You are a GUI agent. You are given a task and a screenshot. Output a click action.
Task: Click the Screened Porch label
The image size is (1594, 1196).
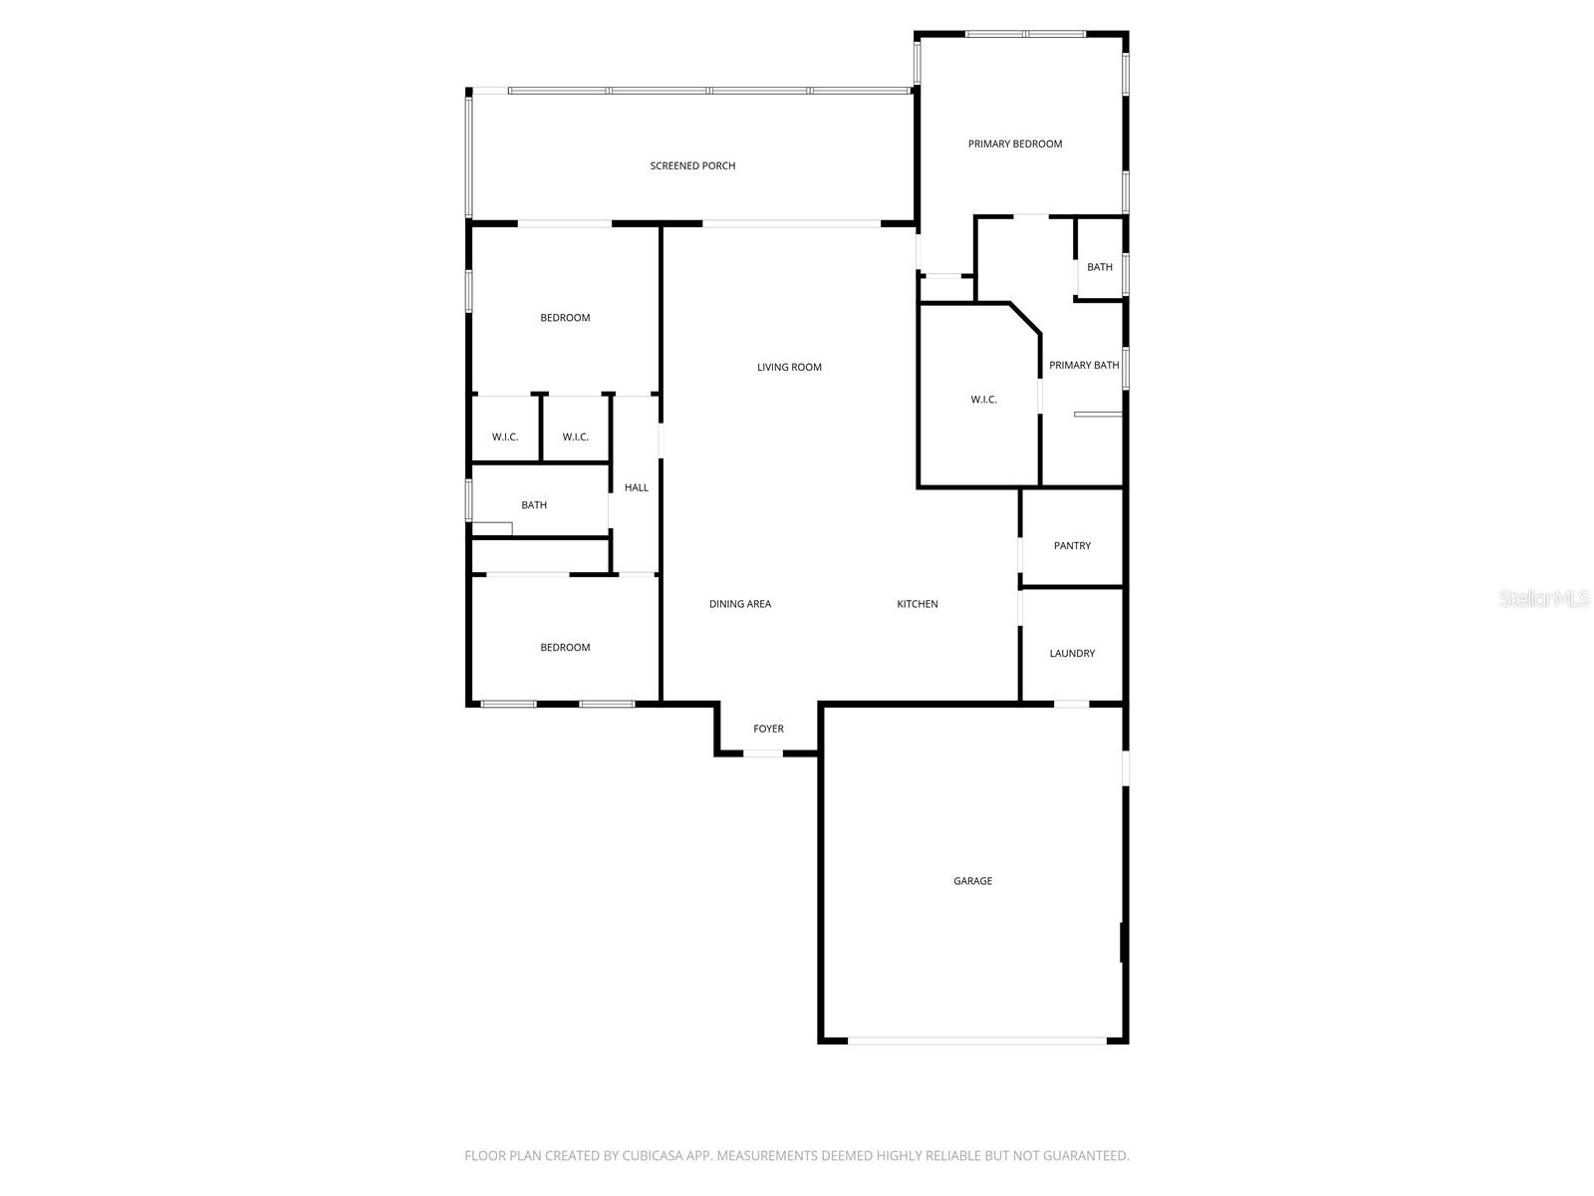(692, 165)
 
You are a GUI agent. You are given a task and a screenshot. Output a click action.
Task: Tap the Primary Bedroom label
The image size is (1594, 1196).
(1015, 144)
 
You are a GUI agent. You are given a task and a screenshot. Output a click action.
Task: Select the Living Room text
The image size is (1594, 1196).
(789, 367)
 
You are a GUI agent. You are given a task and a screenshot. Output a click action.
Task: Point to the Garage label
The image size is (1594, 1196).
(972, 881)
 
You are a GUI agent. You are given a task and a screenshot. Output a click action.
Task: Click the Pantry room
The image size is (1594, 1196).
(1072, 545)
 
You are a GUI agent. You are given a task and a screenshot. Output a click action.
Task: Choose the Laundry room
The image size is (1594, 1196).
(1072, 653)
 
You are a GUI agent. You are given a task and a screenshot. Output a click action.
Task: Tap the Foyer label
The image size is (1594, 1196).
(768, 729)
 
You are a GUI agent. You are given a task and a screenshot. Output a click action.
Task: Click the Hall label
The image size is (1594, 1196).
(636, 487)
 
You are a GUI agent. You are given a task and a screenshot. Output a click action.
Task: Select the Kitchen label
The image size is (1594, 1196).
(917, 604)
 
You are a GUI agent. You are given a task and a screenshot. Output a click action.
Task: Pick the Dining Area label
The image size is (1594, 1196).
(739, 604)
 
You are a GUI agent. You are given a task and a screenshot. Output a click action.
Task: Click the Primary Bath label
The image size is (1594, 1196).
(1084, 365)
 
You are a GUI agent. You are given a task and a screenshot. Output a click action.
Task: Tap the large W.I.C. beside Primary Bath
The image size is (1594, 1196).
(983, 400)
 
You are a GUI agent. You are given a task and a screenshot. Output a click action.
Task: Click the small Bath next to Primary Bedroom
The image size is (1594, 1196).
(1100, 267)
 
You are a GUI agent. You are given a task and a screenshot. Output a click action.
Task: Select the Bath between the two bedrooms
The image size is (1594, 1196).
(534, 505)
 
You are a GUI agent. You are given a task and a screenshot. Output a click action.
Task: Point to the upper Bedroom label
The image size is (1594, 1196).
(565, 318)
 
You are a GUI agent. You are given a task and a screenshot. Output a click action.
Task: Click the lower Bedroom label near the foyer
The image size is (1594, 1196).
(565, 648)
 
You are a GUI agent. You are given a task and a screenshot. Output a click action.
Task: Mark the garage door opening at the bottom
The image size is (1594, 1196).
(976, 1042)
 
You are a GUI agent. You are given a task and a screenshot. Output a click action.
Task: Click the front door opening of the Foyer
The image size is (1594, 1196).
(764, 753)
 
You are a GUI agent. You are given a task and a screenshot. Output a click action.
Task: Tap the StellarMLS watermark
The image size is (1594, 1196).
(1543, 598)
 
